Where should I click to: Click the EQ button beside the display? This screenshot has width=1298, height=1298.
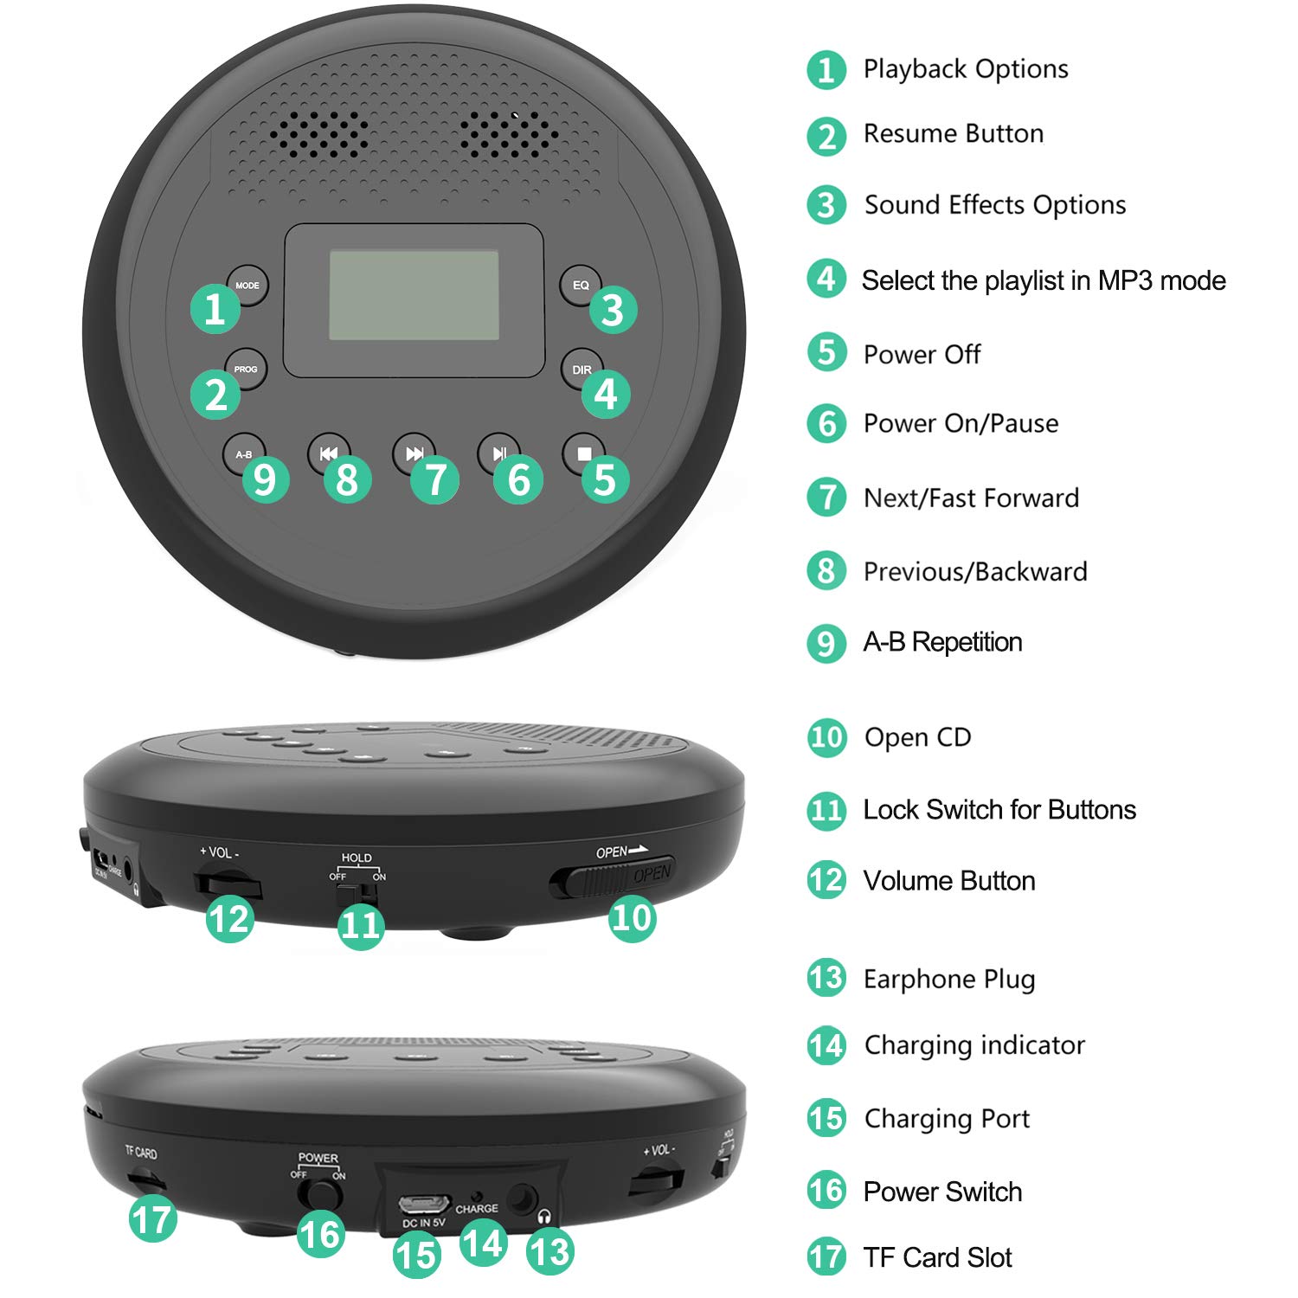click(x=581, y=285)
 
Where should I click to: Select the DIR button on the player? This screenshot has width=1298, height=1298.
click(x=582, y=369)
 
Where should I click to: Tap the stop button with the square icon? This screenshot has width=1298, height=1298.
click(x=584, y=453)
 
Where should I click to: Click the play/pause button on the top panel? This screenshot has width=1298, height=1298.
click(x=499, y=453)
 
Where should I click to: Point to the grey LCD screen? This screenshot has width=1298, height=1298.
click(x=414, y=295)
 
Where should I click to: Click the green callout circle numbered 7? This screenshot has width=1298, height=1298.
click(x=435, y=479)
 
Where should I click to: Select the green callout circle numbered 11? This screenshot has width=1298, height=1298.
click(x=361, y=925)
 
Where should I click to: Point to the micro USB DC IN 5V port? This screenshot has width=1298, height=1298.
click(x=424, y=1204)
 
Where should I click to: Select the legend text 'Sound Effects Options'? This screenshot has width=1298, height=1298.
click(x=995, y=205)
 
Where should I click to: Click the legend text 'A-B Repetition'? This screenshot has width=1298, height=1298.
click(x=942, y=642)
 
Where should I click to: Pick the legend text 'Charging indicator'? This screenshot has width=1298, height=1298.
click(x=974, y=1045)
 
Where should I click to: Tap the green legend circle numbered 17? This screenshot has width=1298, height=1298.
click(x=826, y=1256)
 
